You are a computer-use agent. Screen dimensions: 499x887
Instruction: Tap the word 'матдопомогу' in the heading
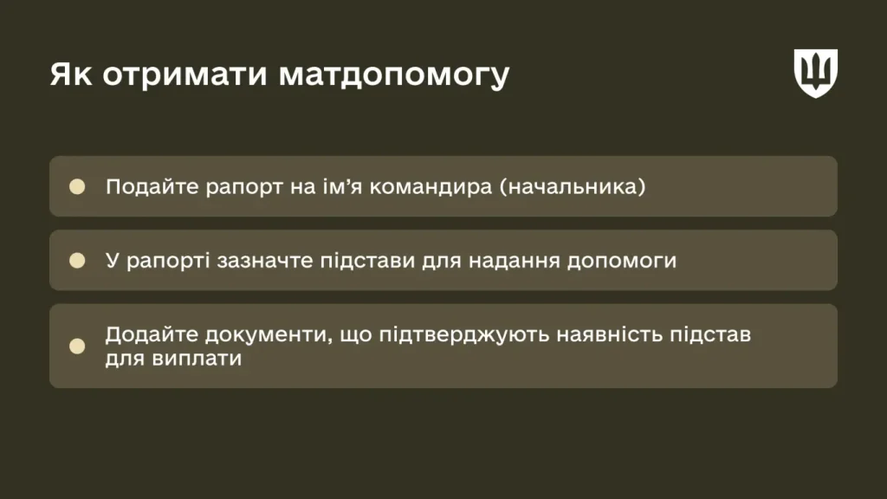(x=393, y=76)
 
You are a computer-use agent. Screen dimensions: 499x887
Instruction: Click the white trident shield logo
(x=816, y=73)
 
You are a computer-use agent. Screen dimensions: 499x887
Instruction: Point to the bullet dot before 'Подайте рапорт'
(x=77, y=186)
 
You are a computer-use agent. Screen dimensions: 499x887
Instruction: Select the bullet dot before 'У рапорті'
(x=77, y=260)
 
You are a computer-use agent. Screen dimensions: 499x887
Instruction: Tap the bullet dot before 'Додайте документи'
(x=77, y=346)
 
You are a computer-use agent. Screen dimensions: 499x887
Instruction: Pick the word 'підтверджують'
(x=464, y=334)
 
